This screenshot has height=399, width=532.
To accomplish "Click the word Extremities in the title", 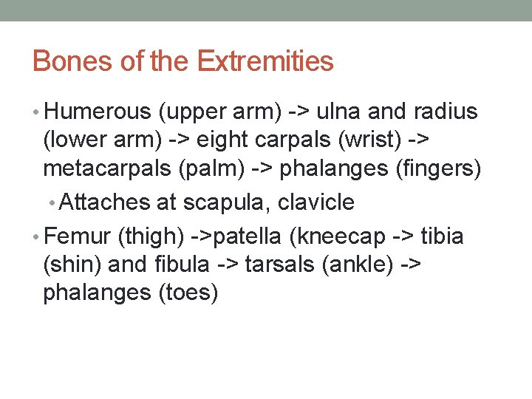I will tap(265, 61).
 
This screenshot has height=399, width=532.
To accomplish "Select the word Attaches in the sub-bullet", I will tap(101, 202).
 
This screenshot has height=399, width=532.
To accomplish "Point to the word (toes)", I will tap(189, 293).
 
